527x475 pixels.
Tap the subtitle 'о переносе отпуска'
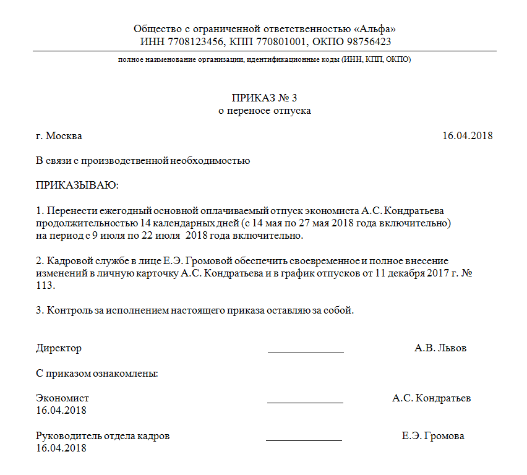[x=264, y=111]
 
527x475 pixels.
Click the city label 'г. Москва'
[x=59, y=136]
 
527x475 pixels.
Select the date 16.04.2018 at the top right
[x=467, y=136]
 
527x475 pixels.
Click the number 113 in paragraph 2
[x=45, y=285]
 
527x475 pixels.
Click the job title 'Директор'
[x=59, y=348]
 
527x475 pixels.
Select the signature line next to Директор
[x=306, y=352]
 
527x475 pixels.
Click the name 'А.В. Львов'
[x=440, y=348]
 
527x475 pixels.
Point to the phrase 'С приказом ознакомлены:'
[x=97, y=374]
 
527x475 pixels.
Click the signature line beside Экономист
[x=305, y=402]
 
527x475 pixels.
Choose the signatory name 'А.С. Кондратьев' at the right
[x=431, y=398]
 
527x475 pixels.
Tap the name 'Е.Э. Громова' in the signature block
[x=433, y=436]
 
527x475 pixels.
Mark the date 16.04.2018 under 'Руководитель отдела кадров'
[x=61, y=448]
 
